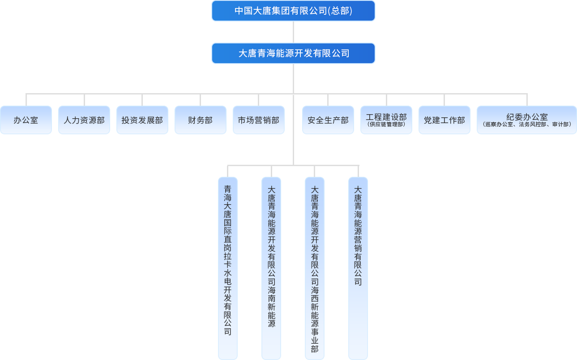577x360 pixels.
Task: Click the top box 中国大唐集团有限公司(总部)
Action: coord(293,11)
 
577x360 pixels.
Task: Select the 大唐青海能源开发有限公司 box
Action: coord(293,53)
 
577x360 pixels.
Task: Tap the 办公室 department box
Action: coord(26,120)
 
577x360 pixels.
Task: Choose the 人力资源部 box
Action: coord(84,120)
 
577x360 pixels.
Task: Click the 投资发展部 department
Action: coord(142,120)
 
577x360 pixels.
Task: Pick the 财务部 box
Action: coord(201,120)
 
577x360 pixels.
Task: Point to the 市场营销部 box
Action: coord(259,120)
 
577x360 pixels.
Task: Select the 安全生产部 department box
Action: coord(328,120)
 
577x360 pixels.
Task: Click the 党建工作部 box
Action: coord(445,120)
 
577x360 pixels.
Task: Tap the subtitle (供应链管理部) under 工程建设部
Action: coord(386,124)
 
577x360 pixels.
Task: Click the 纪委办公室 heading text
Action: coord(527,117)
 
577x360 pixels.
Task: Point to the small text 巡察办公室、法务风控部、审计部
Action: coord(527,124)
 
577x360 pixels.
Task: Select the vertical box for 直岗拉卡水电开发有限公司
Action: coord(228,268)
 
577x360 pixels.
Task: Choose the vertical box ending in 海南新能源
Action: coord(271,268)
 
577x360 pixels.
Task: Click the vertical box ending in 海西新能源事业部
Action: coord(315,268)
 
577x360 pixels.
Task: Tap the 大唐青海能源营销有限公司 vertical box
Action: coord(358,268)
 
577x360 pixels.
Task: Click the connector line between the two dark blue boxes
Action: coord(293,32)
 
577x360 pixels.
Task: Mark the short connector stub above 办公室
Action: coord(26,100)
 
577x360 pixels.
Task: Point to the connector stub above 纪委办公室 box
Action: coord(527,100)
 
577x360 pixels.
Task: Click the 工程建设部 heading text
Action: coord(386,117)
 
